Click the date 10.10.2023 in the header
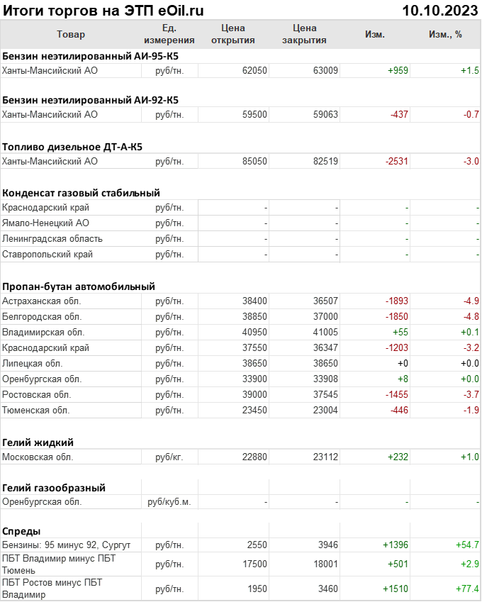tap(439, 10)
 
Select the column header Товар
tap(70, 34)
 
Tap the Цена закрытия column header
tap(304, 34)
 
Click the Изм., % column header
tap(445, 34)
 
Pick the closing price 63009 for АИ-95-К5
tap(325, 70)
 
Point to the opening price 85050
tap(254, 161)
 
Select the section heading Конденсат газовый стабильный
tap(81, 192)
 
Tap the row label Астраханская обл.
tap(42, 301)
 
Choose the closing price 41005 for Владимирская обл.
tap(325, 332)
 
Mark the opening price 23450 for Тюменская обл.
tap(254, 410)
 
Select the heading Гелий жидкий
tap(38, 442)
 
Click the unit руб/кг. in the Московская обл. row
tap(169, 457)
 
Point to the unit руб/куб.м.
tap(169, 502)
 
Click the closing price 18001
tap(325, 564)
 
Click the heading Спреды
tap(21, 530)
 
